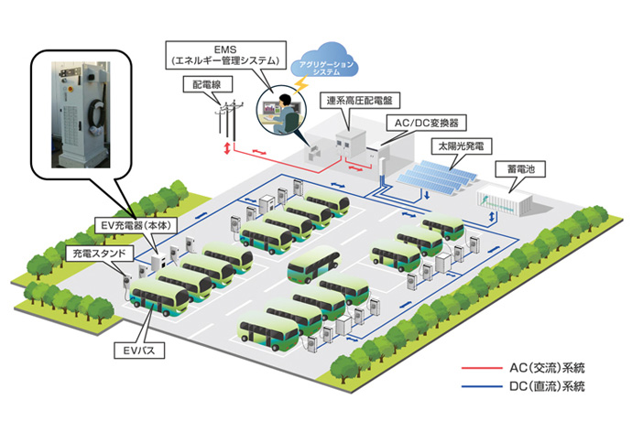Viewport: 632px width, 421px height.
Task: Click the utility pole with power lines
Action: click(224, 117)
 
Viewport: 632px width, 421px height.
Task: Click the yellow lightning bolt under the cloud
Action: click(310, 83)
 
